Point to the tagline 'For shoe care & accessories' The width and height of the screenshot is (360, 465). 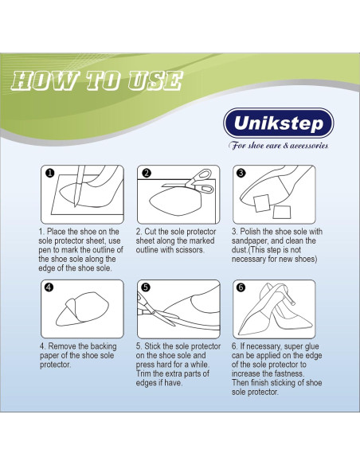279,146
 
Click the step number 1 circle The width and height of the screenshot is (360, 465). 49,173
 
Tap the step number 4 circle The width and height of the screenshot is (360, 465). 49,287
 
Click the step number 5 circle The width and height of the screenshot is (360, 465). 146,287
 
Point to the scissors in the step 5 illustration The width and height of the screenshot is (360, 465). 152,318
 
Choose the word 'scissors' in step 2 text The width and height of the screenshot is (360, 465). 191,250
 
